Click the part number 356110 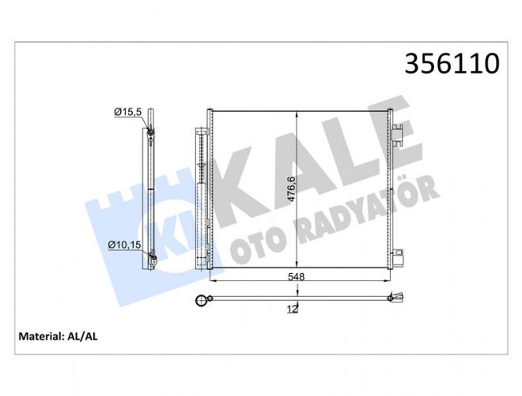coord(452,63)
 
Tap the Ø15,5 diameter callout coord(128,112)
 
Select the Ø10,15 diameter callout coord(124,245)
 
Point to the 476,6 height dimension coord(291,189)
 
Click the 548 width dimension coord(296,276)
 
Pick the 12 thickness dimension coord(292,310)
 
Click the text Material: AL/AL coord(58,337)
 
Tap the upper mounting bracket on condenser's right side coord(398,135)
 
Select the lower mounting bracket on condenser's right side coord(398,257)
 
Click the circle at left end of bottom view coord(200,301)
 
